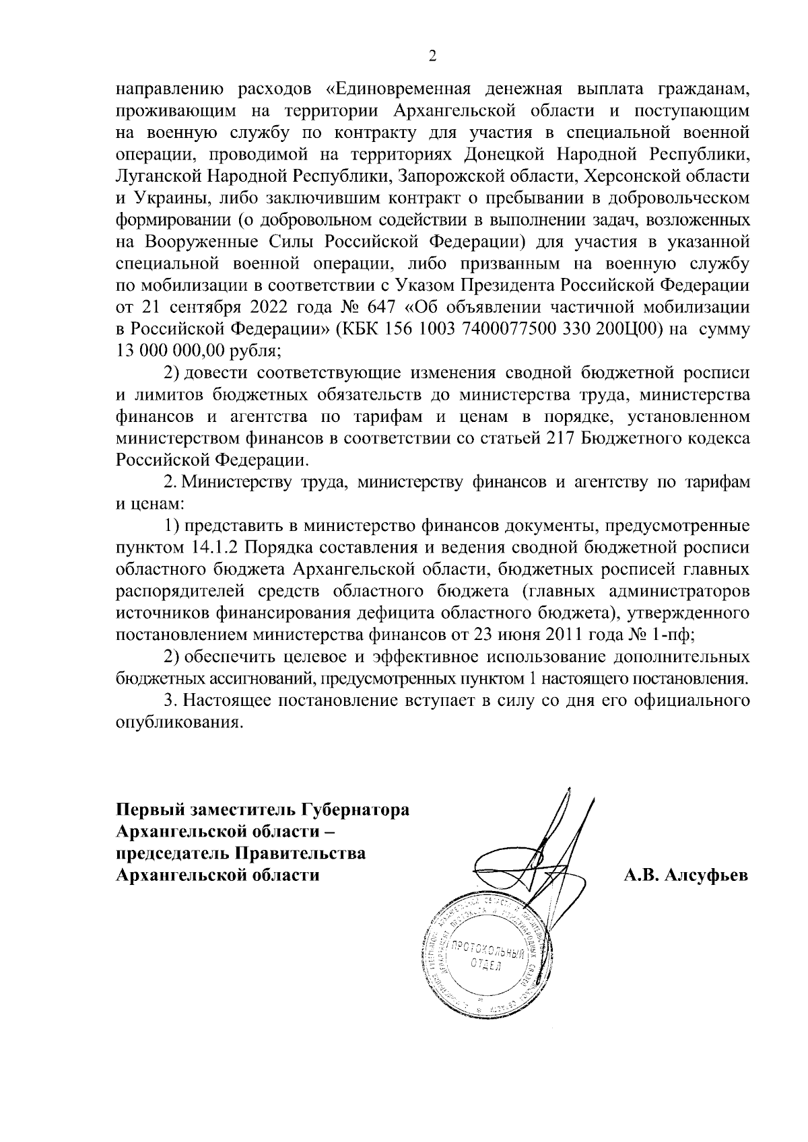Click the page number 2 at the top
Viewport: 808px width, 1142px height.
pos(433,57)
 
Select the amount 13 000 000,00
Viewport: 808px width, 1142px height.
pos(164,351)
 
